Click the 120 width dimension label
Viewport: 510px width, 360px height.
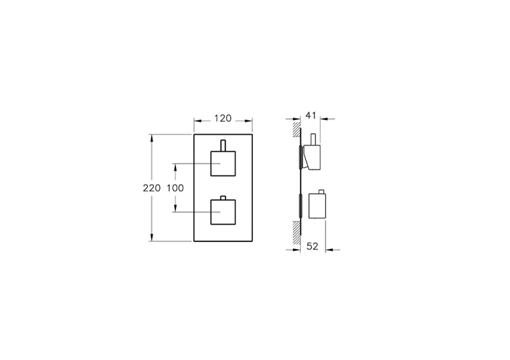pyautogui.click(x=222, y=118)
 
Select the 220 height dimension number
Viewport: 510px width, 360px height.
pyautogui.click(x=152, y=187)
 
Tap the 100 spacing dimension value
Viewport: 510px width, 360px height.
pyautogui.click(x=175, y=187)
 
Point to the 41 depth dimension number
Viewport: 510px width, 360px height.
pyautogui.click(x=310, y=114)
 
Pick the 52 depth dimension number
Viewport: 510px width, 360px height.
pyautogui.click(x=312, y=246)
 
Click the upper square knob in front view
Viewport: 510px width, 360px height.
pyautogui.click(x=224, y=163)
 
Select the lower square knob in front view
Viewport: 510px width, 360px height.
pyautogui.click(x=224, y=212)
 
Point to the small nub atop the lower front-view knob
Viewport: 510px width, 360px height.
pyautogui.click(x=224, y=198)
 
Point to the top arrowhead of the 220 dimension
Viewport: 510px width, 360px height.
pyautogui.click(x=154, y=137)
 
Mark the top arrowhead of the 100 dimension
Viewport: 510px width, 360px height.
pyautogui.click(x=175, y=165)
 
